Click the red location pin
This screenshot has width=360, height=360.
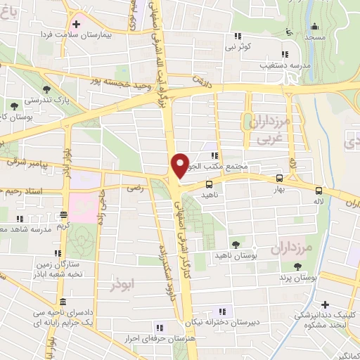point(181,165)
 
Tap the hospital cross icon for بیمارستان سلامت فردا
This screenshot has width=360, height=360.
point(76,24)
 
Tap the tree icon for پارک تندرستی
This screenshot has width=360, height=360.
point(46,90)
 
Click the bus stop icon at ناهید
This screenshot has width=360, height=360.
point(208,184)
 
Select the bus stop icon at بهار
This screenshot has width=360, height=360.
point(280,179)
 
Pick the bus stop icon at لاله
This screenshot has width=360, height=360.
point(319,191)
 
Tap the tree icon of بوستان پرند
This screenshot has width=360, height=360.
point(298,266)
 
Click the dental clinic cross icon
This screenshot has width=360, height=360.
point(325,304)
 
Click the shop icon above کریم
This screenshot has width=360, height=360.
point(64,216)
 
